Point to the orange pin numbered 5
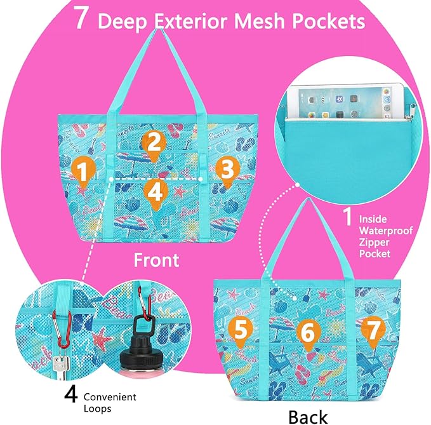tap(241, 332)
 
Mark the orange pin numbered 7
tap(373, 332)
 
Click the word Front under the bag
tap(156, 260)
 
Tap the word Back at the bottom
tap(308, 417)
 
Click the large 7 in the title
tap(81, 17)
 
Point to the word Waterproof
tap(386, 231)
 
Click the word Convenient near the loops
tap(110, 397)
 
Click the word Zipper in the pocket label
tap(374, 242)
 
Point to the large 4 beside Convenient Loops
tap(71, 395)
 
